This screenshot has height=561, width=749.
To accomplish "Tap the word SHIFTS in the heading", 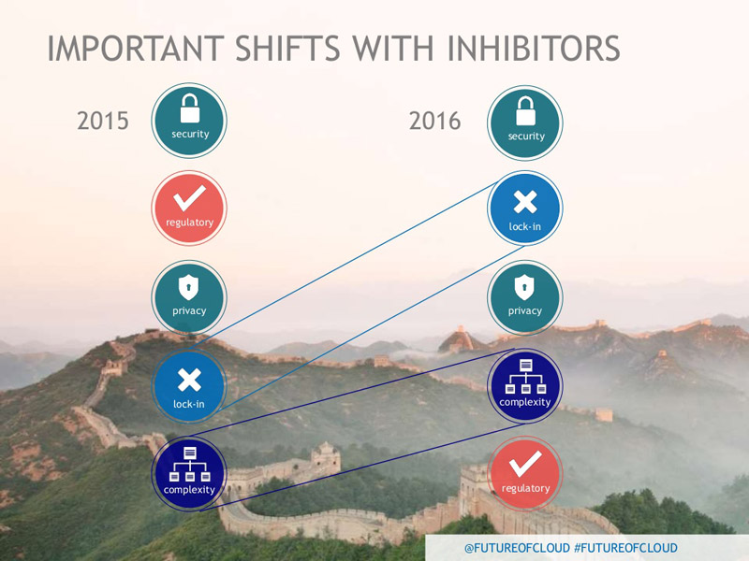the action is click(x=287, y=49).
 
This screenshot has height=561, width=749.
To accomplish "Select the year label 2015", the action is click(x=103, y=121).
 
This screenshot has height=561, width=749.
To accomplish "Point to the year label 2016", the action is click(x=434, y=121).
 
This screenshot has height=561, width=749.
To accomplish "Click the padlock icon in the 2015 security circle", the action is click(x=190, y=108).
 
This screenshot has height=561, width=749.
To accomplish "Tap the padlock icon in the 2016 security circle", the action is click(x=525, y=111).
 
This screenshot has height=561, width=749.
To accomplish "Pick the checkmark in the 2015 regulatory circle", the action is click(x=190, y=198).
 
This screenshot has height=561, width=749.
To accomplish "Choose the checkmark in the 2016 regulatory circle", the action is click(x=525, y=464).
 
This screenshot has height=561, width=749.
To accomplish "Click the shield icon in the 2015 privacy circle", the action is click(x=189, y=288).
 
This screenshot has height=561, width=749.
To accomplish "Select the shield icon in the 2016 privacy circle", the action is click(x=524, y=288).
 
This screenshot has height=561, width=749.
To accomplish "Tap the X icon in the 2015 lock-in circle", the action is click(x=189, y=381).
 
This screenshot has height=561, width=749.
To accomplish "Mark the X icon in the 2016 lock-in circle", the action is click(x=525, y=202).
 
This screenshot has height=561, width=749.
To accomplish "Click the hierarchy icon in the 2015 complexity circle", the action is click(x=190, y=464).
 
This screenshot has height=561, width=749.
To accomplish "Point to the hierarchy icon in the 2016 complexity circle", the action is click(x=525, y=377).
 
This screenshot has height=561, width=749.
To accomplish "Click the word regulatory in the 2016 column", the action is click(x=525, y=488).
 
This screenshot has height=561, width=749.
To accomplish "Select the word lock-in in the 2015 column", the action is click(x=189, y=404).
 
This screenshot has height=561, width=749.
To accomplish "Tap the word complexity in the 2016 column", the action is click(x=525, y=403).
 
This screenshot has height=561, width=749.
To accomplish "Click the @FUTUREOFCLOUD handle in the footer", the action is click(x=517, y=548).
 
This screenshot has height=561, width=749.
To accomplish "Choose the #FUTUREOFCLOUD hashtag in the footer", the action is click(x=625, y=548).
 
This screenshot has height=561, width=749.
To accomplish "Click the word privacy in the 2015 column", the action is click(x=189, y=311).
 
